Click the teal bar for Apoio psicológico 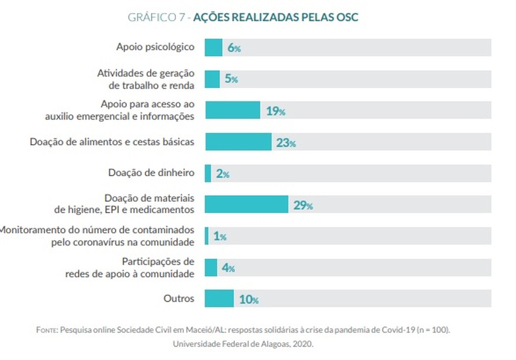coord(213,48)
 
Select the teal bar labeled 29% coord(246,205)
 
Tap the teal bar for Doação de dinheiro coord(208,173)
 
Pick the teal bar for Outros coord(219,299)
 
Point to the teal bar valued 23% coord(238,142)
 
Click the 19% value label coord(275,111)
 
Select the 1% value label coord(220,237)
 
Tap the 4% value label coord(228,268)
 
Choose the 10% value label coord(249,300)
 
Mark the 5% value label coord(231,79)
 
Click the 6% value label coord(234,48)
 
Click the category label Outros coord(179,299)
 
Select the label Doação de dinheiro coord(152,173)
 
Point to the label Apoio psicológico coord(155,47)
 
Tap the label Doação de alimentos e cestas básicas coord(112,142)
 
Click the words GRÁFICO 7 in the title coord(156,17)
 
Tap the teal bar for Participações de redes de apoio coord(211,268)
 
